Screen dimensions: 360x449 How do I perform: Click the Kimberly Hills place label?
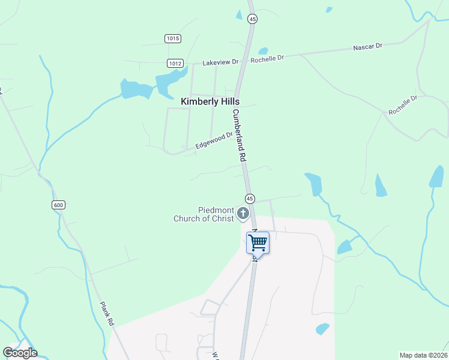[210, 102]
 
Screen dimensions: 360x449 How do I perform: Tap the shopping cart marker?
[258, 243]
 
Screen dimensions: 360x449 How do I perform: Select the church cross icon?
[243, 213]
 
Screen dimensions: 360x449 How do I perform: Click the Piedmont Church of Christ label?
[203, 214]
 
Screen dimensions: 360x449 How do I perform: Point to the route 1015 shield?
[172, 38]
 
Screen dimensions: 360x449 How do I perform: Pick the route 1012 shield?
[175, 63]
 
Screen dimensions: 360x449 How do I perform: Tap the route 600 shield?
[58, 205]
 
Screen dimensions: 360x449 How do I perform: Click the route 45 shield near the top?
[252, 19]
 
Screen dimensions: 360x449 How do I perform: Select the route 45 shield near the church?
[250, 199]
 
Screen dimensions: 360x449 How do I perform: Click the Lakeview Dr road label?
[220, 62]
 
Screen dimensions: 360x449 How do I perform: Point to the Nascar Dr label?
[367, 46]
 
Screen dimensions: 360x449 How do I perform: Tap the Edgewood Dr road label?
[214, 141]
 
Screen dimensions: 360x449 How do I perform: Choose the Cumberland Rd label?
[240, 135]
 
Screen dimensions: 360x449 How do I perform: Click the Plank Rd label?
[107, 313]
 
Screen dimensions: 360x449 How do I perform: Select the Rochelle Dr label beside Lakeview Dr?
[267, 58]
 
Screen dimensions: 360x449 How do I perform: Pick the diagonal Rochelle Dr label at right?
[402, 105]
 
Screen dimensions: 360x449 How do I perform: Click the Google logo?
[20, 353]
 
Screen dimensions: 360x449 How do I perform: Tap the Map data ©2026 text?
[423, 355]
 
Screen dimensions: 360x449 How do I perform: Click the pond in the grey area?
[322, 329]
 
